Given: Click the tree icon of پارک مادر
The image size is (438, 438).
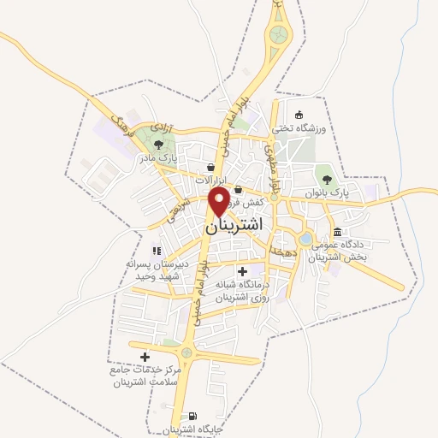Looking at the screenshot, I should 158,144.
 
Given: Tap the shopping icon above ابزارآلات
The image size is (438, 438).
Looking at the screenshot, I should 210,167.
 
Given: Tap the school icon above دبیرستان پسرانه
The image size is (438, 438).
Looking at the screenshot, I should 156,250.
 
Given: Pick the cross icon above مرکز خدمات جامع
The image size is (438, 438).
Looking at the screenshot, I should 144,357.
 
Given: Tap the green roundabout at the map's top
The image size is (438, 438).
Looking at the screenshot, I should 279,35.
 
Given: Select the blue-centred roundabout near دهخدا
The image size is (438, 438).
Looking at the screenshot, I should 305,240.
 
